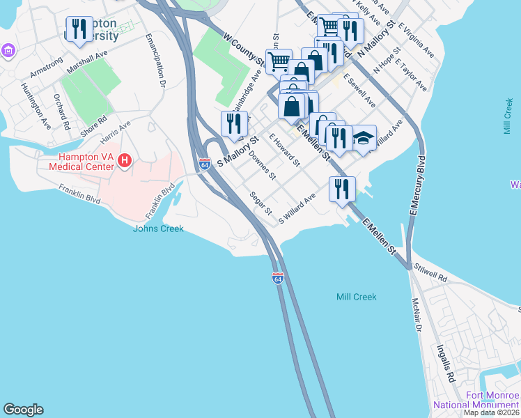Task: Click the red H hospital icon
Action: [x=125, y=161]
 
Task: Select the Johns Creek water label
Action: [x=158, y=229]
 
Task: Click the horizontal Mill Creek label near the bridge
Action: [x=356, y=297]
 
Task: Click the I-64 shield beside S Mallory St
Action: [x=204, y=164]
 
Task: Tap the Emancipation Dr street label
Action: [x=155, y=61]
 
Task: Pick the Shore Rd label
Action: [x=93, y=123]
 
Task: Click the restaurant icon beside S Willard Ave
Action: [x=342, y=189]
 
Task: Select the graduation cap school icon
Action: [x=363, y=139]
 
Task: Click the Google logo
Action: [x=23, y=410]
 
